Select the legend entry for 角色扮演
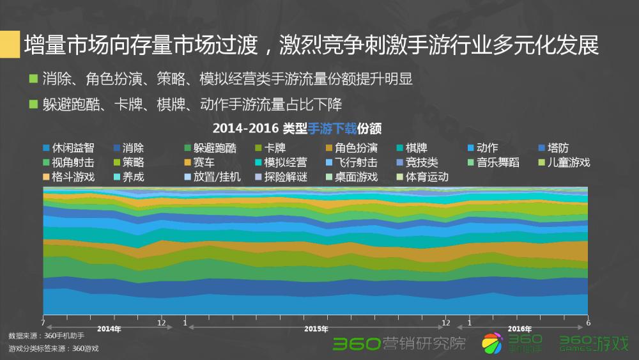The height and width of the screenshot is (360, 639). (355, 148)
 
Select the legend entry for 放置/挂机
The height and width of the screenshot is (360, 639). (212, 176)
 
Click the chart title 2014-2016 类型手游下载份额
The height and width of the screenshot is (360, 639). (297, 129)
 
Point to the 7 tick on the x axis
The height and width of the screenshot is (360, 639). (43, 322)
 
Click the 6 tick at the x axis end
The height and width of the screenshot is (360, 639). (587, 322)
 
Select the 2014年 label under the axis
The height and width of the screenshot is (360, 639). (108, 329)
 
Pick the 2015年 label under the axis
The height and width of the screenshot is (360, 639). (316, 329)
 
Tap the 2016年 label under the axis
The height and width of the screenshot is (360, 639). (520, 329)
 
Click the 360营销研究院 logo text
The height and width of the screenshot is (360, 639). (399, 343)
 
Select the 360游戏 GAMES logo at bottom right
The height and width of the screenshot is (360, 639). (594, 343)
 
